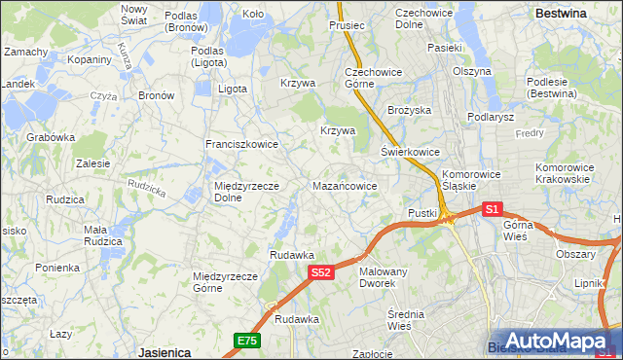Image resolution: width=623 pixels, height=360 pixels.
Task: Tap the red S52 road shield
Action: coord(323,274)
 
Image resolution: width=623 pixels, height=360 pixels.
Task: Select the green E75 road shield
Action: coord(247,340)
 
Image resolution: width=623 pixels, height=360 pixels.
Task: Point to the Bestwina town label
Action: coord(561,14)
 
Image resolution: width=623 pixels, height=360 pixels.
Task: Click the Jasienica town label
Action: coord(163,352)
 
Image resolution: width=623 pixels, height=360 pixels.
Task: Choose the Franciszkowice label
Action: coord(241,144)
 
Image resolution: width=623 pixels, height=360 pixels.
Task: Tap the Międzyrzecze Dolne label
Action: coord(247,191)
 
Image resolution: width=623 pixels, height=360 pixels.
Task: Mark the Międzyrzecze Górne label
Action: coord(225,282)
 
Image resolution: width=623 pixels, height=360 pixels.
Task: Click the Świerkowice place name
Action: coord(410,152)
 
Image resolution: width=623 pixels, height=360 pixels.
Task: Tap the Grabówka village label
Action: coord(51,137)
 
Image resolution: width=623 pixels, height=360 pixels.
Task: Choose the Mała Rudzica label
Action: coord(102,235)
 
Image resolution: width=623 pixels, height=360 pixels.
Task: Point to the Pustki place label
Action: coord(421,212)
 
